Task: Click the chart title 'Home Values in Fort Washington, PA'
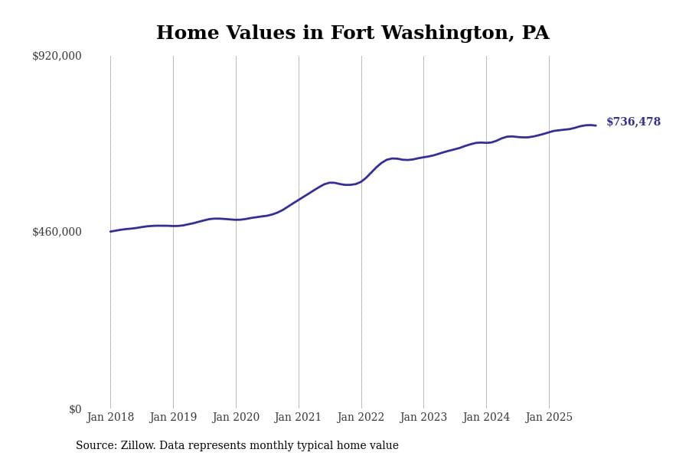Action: pyautogui.click(x=352, y=34)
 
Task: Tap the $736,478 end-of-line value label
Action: pyautogui.click(x=633, y=122)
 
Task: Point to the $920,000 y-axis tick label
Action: pyautogui.click(x=57, y=56)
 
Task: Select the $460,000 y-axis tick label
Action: pyautogui.click(x=57, y=232)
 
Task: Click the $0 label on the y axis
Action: pyautogui.click(x=74, y=409)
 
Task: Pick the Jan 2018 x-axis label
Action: pyautogui.click(x=110, y=418)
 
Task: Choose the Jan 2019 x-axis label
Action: pyautogui.click(x=173, y=418)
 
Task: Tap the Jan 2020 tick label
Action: pyautogui.click(x=236, y=418)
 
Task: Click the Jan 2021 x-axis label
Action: pyautogui.click(x=299, y=418)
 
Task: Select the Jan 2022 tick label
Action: pyautogui.click(x=361, y=418)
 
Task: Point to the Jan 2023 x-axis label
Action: pyautogui.click(x=423, y=418)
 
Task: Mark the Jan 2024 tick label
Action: pyautogui.click(x=486, y=418)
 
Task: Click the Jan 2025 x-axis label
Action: pyautogui.click(x=549, y=418)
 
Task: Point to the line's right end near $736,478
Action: pyautogui.click(x=596, y=125)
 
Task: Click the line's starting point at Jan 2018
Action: pyautogui.click(x=110, y=231)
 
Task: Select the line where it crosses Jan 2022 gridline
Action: pyautogui.click(x=361, y=181)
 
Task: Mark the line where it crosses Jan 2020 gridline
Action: pyautogui.click(x=236, y=220)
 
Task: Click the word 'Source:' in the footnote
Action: pyautogui.click(x=96, y=446)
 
